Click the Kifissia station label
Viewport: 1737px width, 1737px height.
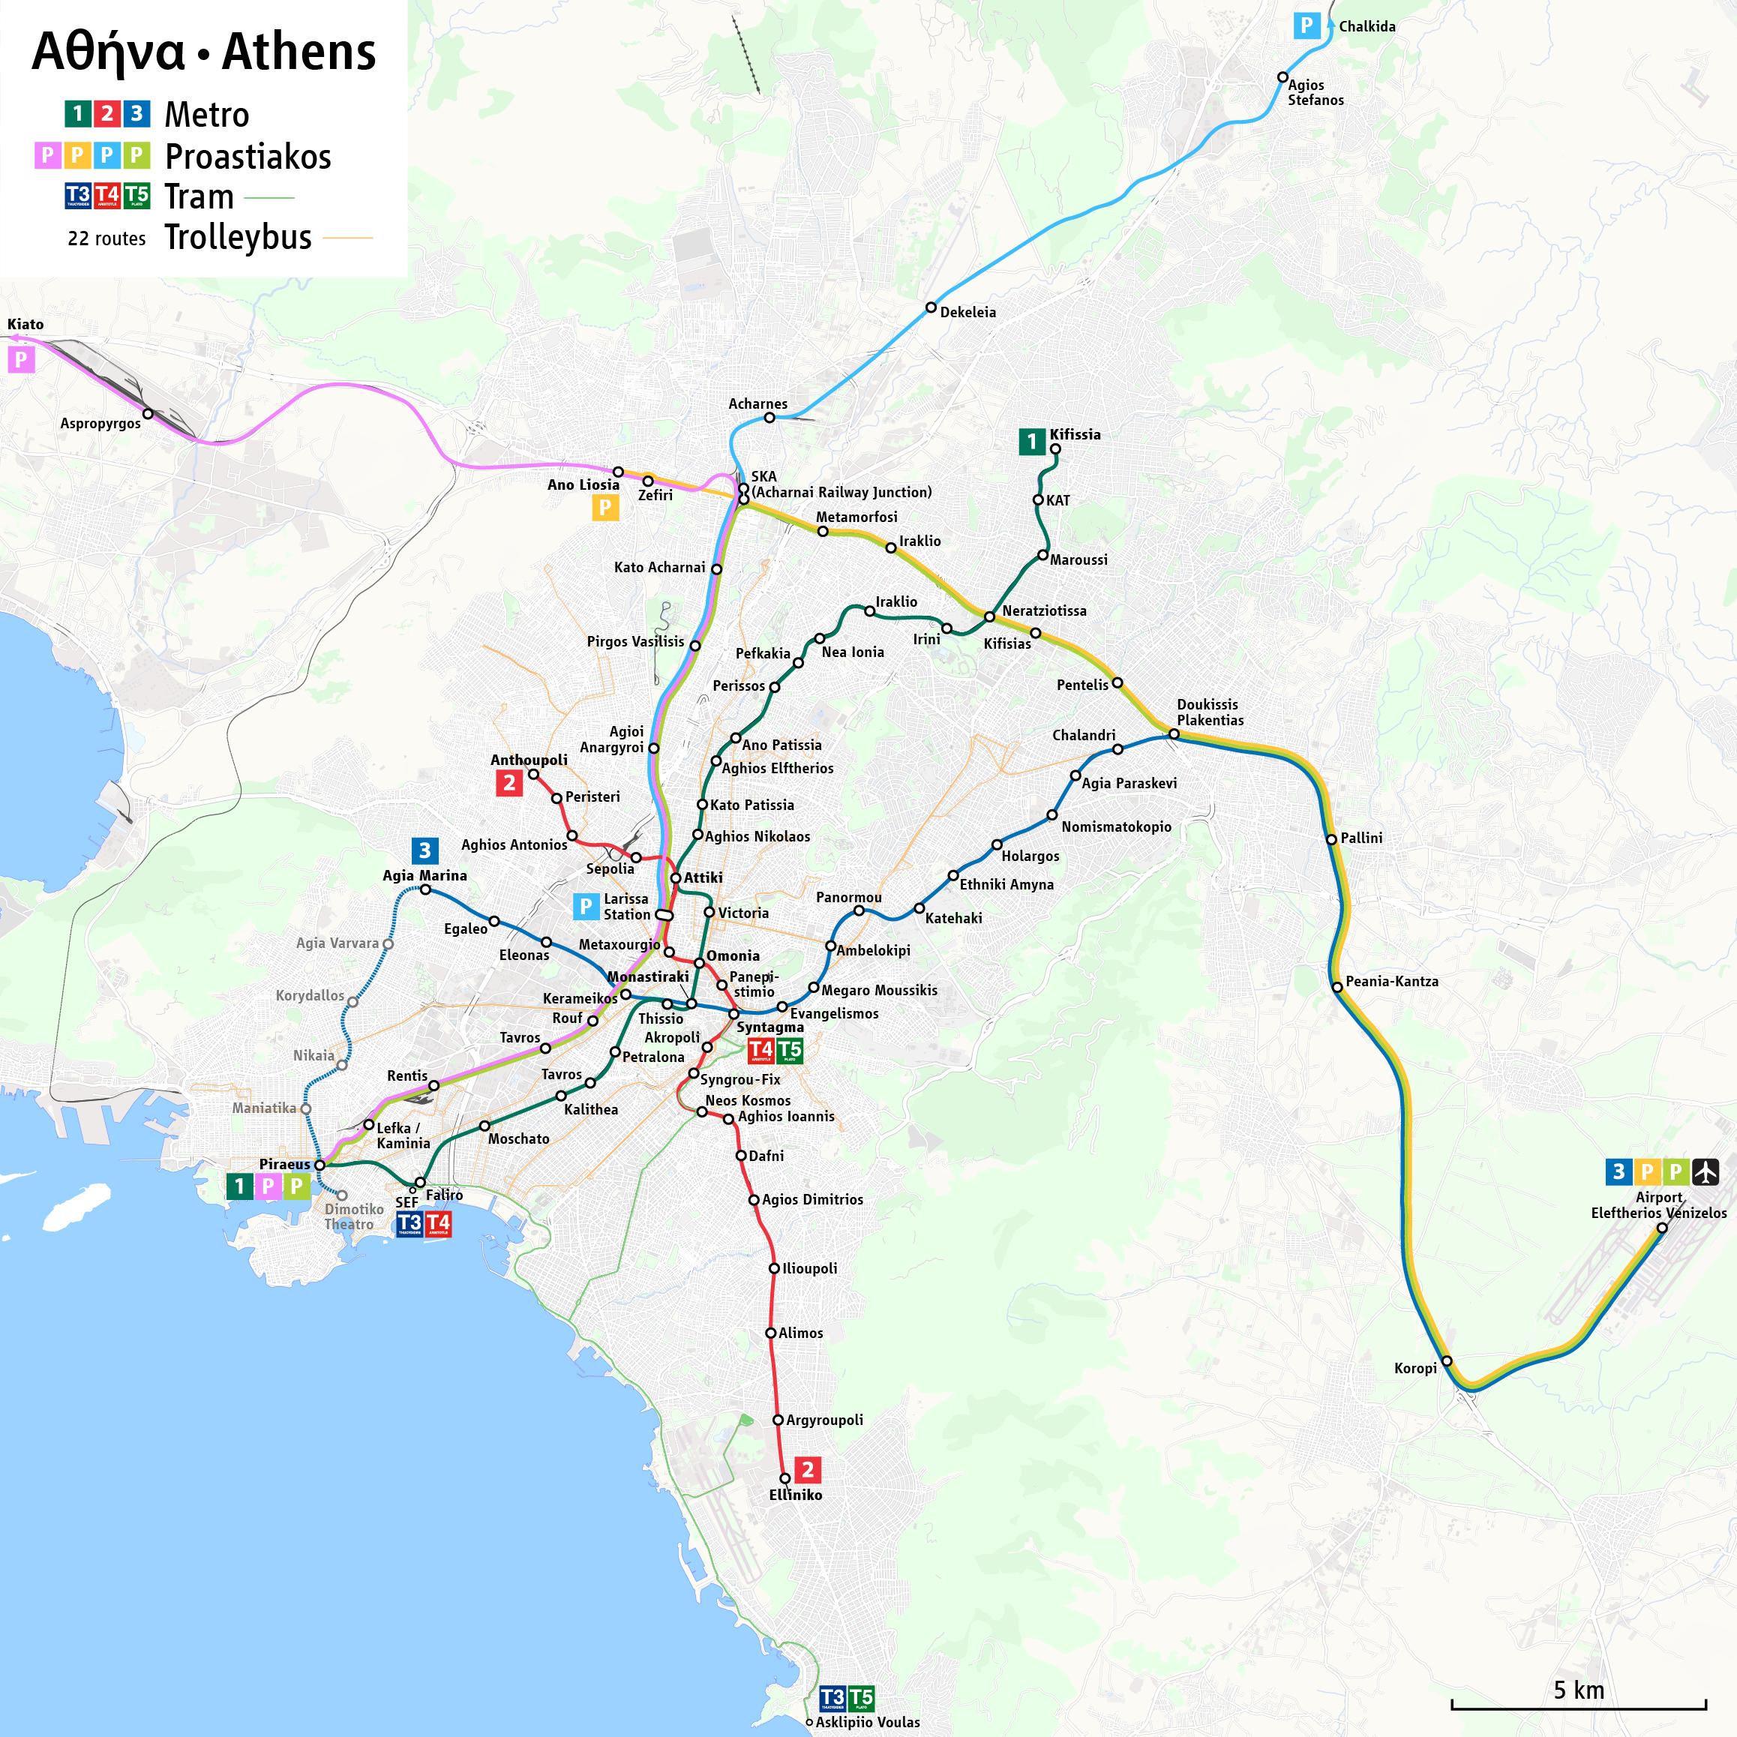(1075, 434)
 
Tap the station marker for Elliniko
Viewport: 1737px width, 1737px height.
(785, 1478)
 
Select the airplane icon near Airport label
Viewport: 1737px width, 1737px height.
(1705, 1171)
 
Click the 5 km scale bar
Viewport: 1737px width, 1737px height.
(1578, 1705)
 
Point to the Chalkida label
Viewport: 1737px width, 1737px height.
(1366, 27)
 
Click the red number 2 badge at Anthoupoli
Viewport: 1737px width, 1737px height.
(508, 783)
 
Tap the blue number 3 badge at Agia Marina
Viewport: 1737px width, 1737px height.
(424, 850)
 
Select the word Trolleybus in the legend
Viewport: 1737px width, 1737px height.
(238, 237)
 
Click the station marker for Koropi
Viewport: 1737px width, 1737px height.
(1447, 1361)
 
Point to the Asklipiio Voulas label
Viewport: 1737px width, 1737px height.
(868, 1723)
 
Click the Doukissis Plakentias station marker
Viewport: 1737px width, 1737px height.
(1173, 734)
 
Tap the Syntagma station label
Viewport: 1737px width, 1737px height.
(769, 1027)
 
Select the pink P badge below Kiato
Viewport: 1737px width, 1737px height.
(21, 361)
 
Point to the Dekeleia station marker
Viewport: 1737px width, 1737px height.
(931, 307)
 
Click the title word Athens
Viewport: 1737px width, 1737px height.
(298, 52)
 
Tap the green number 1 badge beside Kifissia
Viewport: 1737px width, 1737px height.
(1030, 442)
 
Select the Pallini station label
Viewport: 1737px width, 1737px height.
(1361, 838)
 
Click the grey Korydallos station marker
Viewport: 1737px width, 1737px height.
(352, 1001)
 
